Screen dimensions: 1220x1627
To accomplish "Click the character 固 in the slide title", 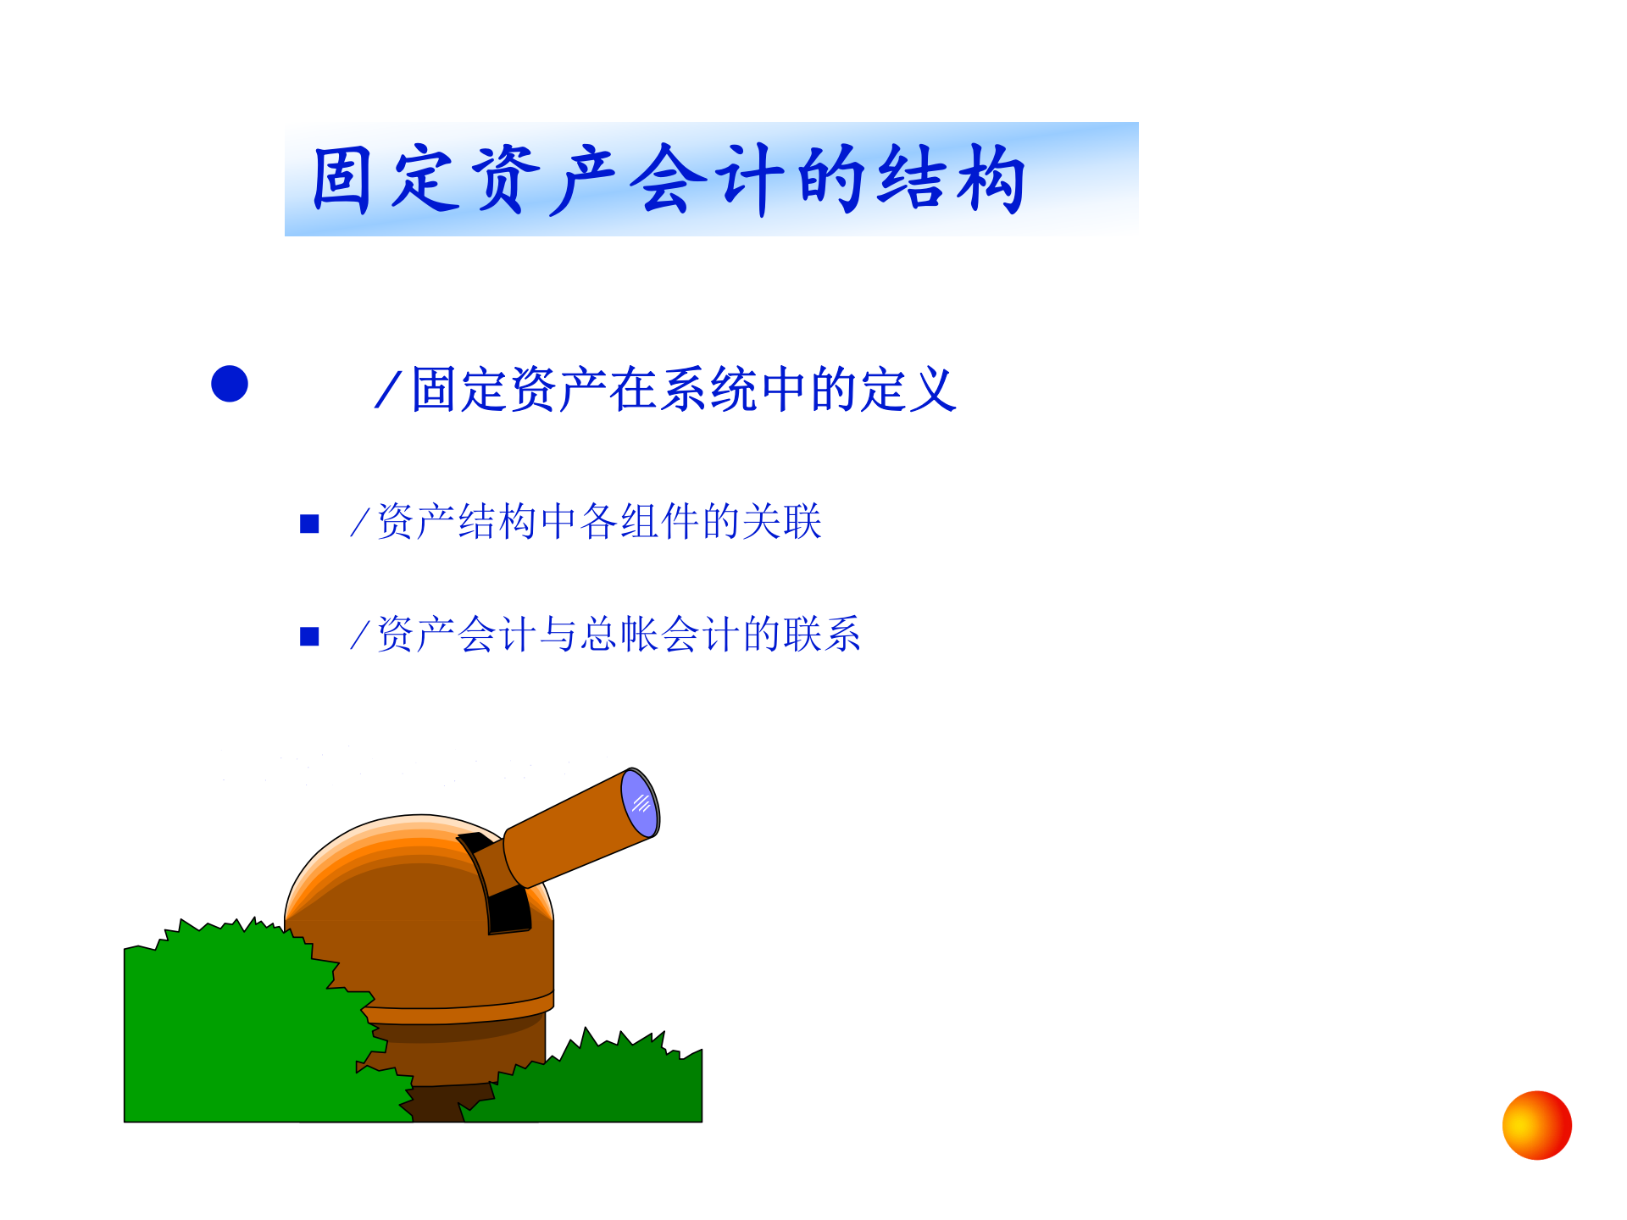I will (342, 180).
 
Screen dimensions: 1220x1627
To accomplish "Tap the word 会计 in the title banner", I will (710, 180).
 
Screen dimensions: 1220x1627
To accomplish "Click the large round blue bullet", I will (230, 384).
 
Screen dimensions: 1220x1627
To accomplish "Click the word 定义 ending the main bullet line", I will (908, 391).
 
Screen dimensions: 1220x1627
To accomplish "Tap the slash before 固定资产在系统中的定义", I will (387, 391).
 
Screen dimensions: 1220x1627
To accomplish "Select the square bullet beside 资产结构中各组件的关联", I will (309, 524).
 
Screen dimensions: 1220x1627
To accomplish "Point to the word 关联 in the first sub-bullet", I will (782, 522).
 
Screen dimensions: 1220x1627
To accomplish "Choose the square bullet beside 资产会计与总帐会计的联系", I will (309, 636).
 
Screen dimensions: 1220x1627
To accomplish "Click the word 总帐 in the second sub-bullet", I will (619, 635).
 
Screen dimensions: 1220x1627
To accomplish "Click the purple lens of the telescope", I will (640, 802).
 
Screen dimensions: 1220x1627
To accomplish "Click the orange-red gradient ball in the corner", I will (1536, 1125).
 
